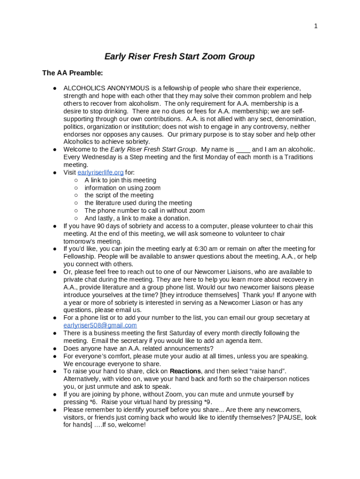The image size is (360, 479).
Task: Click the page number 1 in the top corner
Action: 316,26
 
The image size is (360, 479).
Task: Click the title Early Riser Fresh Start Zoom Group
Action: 180,57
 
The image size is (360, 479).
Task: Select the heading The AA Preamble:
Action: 72,73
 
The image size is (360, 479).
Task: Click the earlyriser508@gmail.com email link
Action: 100,326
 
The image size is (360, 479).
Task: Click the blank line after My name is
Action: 243,150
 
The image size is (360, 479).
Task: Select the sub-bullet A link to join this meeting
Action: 120,180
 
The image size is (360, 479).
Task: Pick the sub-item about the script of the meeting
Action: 119,196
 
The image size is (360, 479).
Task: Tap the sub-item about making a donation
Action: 137,218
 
